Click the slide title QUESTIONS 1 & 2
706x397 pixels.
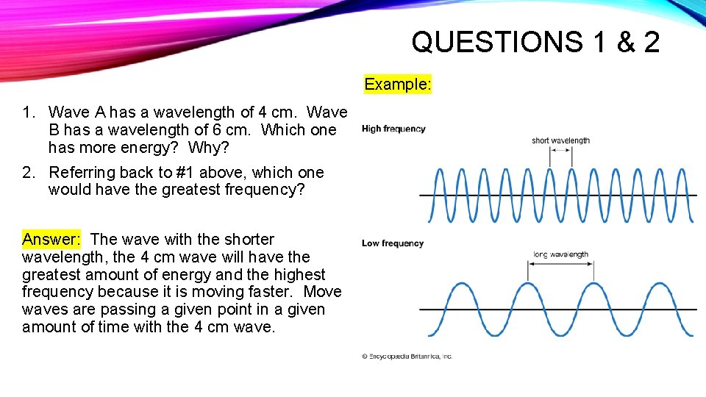(x=535, y=42)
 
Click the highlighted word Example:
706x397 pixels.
(x=398, y=84)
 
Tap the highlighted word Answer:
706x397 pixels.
(x=51, y=239)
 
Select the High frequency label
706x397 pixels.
(x=393, y=129)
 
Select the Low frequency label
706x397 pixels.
(x=393, y=243)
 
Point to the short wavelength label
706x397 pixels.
(x=560, y=140)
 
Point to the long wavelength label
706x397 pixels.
(x=560, y=254)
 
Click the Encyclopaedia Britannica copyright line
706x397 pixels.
(x=407, y=357)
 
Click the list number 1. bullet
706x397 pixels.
(x=29, y=112)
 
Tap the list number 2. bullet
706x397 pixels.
(x=29, y=173)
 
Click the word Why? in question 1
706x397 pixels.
(x=210, y=147)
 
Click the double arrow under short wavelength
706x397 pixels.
(x=560, y=150)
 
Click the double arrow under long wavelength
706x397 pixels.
(x=560, y=265)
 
